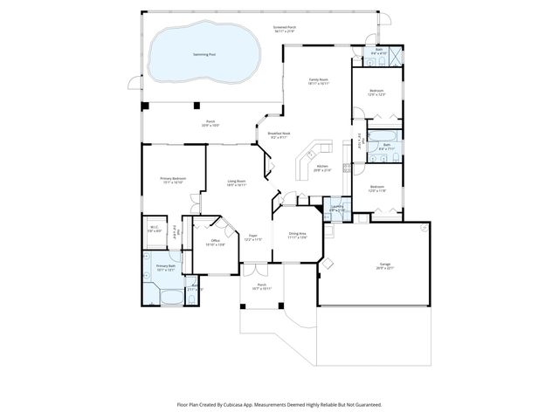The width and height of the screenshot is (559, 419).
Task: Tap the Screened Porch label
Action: click(x=286, y=29)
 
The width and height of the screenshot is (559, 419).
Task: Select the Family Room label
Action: click(x=318, y=81)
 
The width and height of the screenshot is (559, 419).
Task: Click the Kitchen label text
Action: click(x=321, y=167)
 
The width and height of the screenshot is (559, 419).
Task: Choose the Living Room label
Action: click(x=237, y=182)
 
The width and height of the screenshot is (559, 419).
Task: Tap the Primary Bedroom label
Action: click(x=171, y=181)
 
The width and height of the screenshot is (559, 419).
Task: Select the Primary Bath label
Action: click(x=166, y=267)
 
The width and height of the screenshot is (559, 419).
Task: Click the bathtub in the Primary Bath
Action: click(x=165, y=298)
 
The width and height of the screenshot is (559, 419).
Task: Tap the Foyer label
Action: click(x=253, y=237)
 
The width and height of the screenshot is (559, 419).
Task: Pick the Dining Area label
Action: click(x=297, y=235)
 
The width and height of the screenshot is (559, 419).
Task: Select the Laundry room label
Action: click(x=336, y=209)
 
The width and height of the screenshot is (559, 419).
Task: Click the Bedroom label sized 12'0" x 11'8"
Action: click(x=376, y=189)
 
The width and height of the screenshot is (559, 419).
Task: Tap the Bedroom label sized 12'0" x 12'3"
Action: click(x=376, y=93)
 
